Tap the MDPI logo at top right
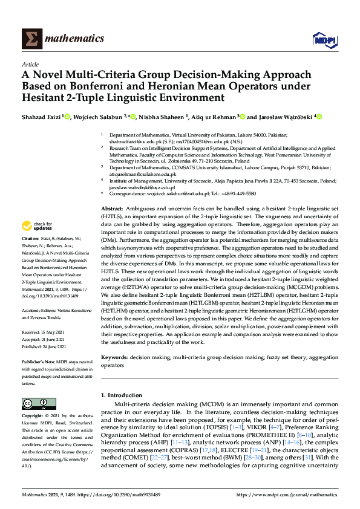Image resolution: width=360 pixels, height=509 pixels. [x=324, y=39]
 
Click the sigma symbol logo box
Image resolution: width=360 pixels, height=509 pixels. [x=32, y=39]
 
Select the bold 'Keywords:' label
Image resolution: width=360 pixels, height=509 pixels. [x=114, y=358]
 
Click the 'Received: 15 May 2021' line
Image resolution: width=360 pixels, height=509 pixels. [x=48, y=332]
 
